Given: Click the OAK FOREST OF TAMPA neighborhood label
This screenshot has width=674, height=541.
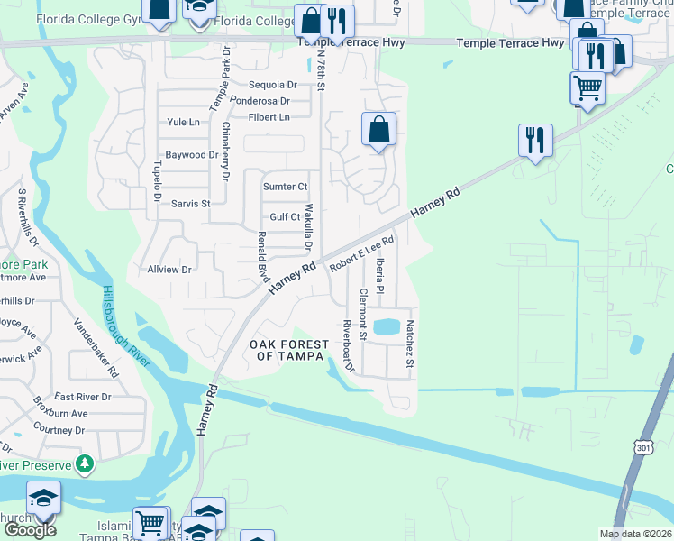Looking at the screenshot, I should [x=287, y=350].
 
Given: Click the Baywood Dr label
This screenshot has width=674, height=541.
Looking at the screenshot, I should [x=192, y=154].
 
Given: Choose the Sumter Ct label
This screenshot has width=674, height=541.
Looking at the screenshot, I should [x=285, y=187].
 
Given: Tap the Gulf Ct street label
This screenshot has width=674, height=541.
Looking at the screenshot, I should [x=285, y=217].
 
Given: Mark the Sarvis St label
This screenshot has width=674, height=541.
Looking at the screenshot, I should [x=191, y=204].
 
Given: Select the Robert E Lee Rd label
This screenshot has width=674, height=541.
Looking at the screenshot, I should [x=362, y=255].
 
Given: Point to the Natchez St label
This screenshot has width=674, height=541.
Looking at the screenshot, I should [x=409, y=344].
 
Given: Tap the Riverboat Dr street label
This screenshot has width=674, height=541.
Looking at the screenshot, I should [x=347, y=345].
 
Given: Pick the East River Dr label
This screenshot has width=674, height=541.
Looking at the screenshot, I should [x=82, y=396].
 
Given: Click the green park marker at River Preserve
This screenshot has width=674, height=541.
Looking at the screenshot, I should [x=85, y=464].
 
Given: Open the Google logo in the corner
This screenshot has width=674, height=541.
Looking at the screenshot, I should [x=30, y=529].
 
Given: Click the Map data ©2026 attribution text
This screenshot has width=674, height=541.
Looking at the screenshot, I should [x=635, y=534].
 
